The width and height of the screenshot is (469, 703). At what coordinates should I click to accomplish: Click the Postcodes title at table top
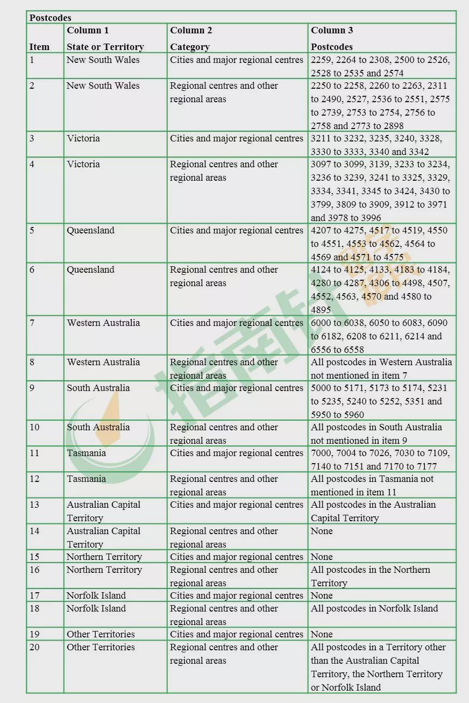tap(50, 18)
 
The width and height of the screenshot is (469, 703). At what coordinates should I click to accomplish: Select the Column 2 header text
tap(191, 30)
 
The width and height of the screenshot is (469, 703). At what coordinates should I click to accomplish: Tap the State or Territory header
tap(105, 47)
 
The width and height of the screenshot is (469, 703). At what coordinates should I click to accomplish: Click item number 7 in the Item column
tap(32, 323)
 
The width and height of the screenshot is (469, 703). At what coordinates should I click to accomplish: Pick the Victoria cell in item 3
tap(83, 138)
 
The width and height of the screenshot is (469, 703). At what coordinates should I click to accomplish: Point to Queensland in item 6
tap(90, 269)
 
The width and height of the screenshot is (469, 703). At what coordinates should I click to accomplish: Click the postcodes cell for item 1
tap(380, 66)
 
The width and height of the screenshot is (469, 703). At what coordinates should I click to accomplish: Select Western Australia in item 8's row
tap(103, 362)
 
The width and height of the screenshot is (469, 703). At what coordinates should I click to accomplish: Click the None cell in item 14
tap(322, 531)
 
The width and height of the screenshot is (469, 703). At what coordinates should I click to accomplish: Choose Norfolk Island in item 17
tap(96, 595)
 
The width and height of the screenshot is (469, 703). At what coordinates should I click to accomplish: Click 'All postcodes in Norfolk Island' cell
tap(374, 608)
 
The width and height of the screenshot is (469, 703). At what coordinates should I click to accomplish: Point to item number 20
tap(34, 647)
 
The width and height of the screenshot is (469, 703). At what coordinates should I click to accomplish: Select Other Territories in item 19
tap(101, 634)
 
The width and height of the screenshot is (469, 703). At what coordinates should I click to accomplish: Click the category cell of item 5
tap(237, 230)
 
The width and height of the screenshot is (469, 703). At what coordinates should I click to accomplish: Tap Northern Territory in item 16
tap(104, 570)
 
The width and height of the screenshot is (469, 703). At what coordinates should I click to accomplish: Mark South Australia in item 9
tap(98, 388)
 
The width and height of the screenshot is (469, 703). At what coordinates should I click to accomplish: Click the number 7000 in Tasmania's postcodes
tap(321, 453)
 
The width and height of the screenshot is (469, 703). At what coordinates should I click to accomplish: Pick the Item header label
tap(39, 47)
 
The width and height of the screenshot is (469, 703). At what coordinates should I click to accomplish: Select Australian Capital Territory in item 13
tap(103, 511)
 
